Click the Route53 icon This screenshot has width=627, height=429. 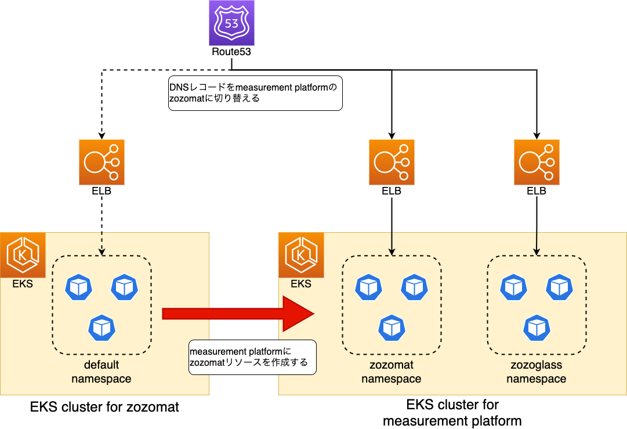click(x=231, y=23)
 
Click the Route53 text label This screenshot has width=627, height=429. click(x=231, y=52)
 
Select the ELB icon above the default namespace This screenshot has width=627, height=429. click(x=102, y=162)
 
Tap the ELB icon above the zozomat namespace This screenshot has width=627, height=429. click(x=392, y=162)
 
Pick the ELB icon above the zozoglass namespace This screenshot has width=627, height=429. click(x=537, y=162)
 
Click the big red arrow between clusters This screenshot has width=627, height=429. click(x=238, y=314)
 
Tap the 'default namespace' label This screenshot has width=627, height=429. click(x=102, y=372)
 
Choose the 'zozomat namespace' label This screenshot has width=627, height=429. click(x=392, y=372)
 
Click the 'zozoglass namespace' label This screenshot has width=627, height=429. click(x=537, y=372)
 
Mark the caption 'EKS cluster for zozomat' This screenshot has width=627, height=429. click(x=104, y=408)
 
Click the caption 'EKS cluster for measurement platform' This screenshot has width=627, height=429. click(x=452, y=413)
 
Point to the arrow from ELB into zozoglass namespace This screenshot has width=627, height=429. click(x=537, y=226)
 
